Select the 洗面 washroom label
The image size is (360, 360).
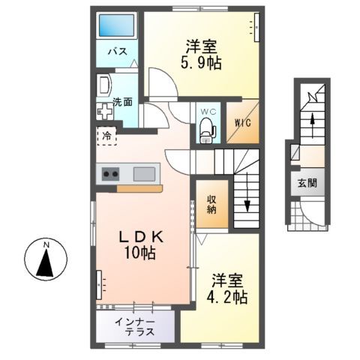(122, 101)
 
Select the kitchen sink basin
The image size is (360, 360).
(144, 175)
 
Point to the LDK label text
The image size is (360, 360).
(139, 236)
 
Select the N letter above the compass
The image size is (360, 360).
(45, 245)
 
